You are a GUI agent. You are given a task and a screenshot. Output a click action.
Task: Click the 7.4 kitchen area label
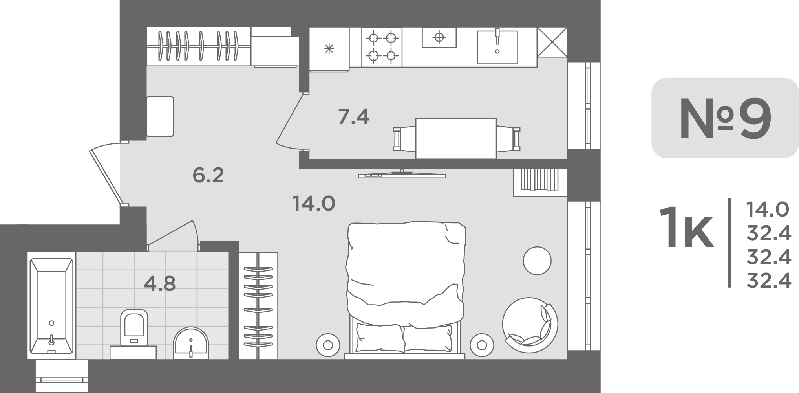tap(354, 117)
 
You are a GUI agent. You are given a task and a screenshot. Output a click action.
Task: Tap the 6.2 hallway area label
tap(208, 175)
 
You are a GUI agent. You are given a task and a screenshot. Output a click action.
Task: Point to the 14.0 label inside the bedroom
tap(314, 204)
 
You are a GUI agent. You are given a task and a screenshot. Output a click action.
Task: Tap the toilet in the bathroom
tap(134, 328)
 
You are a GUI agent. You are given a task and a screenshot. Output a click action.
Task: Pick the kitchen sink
tap(497, 47)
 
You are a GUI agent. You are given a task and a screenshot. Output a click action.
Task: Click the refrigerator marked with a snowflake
tap(329, 49)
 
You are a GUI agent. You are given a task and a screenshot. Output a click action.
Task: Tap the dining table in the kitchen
tap(456, 138)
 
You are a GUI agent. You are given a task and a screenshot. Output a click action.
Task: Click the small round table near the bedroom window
tap(537, 261)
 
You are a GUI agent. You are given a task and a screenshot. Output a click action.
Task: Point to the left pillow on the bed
tap(380, 338)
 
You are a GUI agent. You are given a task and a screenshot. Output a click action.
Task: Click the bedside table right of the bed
tap(482, 345)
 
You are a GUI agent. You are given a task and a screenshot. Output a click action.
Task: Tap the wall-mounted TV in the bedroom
tap(402, 174)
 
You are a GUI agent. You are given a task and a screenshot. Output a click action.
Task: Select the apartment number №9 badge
tap(725, 118)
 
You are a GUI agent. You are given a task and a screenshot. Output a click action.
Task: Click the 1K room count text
tap(686, 228)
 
